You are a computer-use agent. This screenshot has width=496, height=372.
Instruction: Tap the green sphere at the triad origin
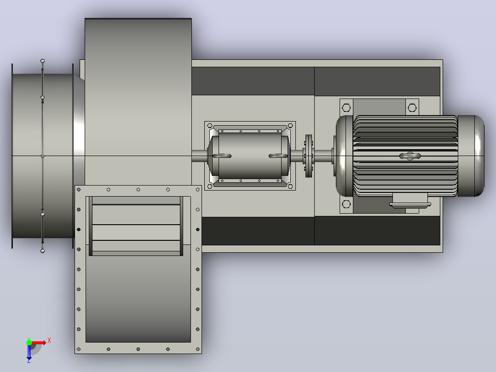[x=29, y=343]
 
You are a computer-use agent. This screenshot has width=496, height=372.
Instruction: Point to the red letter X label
[x=49, y=341]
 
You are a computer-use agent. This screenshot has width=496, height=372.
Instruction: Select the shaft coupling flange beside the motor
[x=309, y=156]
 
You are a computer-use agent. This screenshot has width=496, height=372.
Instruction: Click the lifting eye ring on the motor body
[x=410, y=156]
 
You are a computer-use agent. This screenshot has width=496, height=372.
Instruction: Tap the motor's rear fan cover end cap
[x=471, y=156]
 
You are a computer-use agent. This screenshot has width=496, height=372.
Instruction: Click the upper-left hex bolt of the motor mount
[x=346, y=108]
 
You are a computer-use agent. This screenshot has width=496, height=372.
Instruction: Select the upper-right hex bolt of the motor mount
[x=412, y=108]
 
